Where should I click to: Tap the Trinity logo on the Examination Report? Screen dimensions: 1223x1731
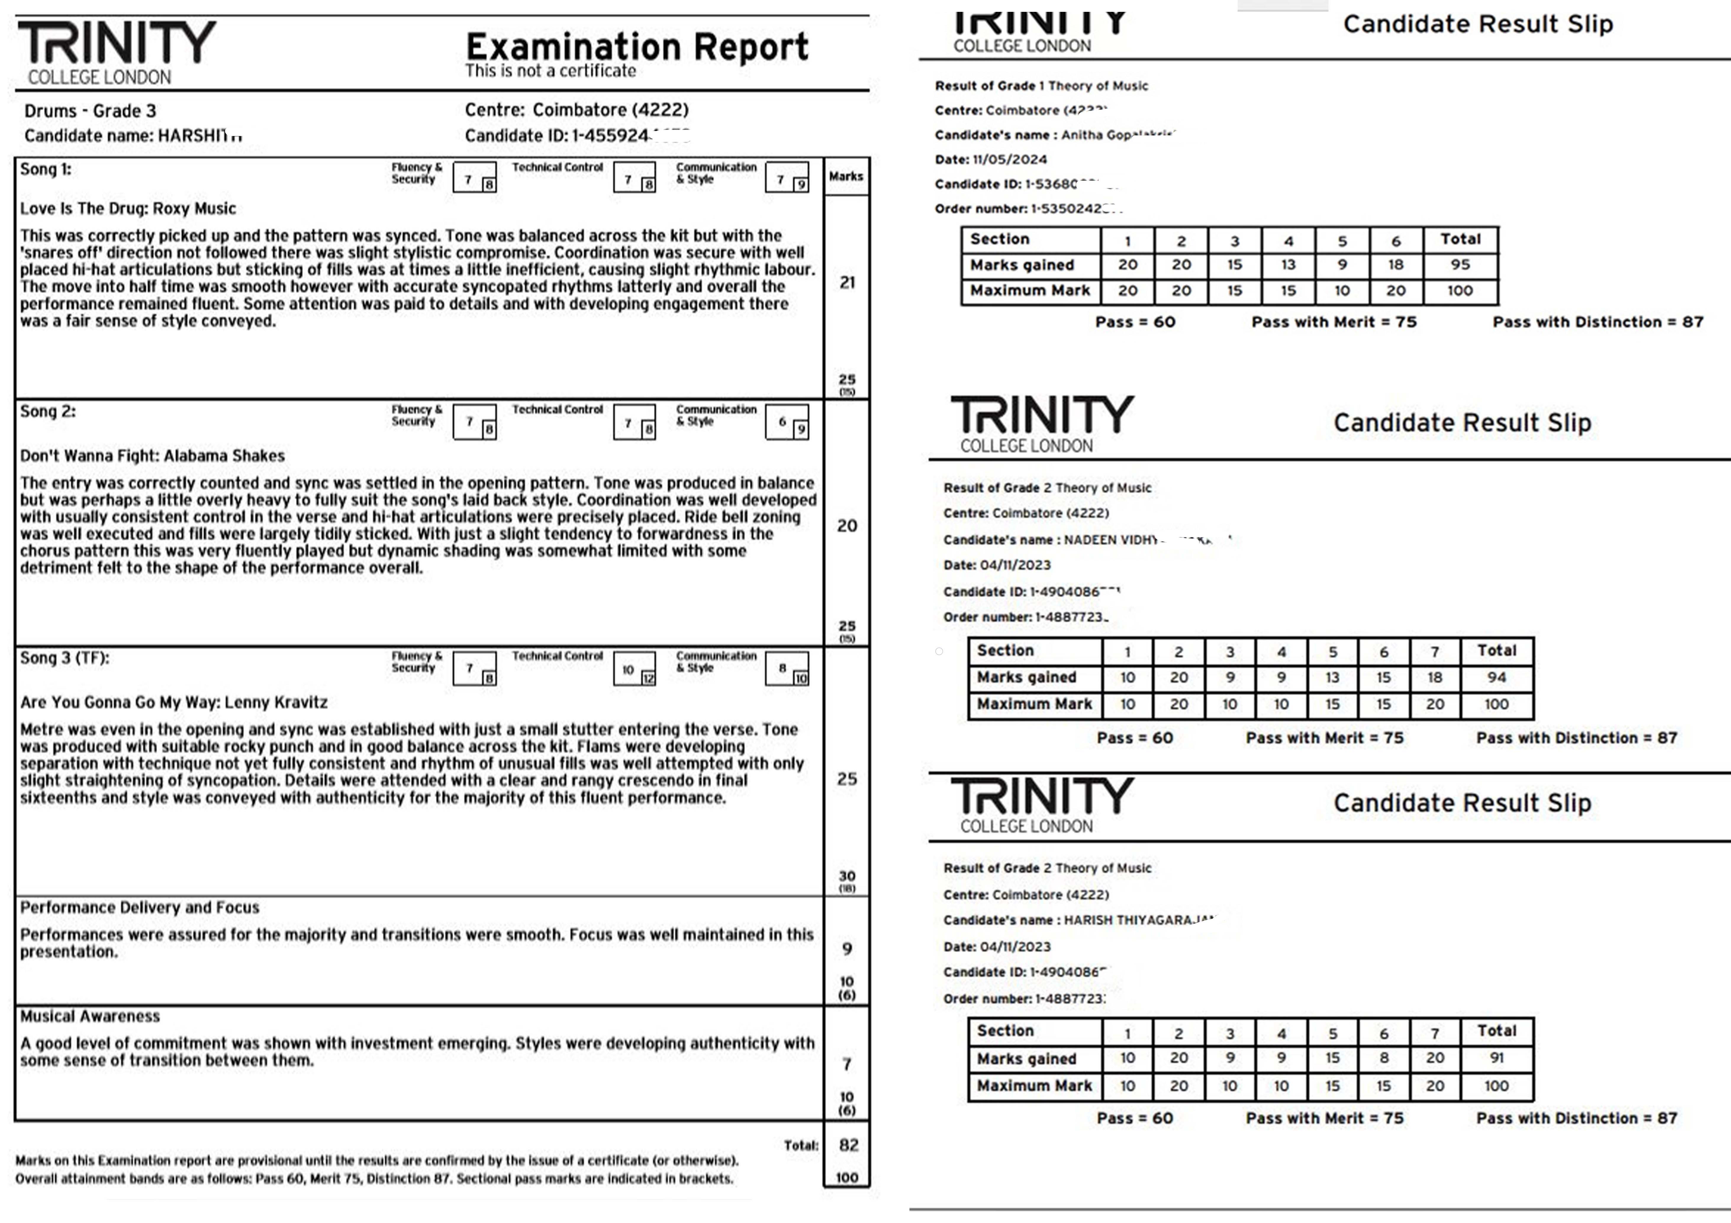tap(117, 51)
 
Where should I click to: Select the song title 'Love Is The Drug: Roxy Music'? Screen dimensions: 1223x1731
tap(128, 209)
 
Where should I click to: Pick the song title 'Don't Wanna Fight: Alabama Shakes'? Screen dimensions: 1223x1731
tap(152, 456)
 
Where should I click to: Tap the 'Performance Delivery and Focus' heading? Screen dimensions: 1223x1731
tap(139, 907)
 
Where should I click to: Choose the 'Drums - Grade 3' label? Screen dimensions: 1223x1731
tap(91, 111)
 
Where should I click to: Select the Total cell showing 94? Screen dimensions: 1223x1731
tap(1497, 677)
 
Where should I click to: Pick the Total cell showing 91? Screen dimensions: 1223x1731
tap(1497, 1058)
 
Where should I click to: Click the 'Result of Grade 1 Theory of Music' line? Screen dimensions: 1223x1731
tap(1041, 86)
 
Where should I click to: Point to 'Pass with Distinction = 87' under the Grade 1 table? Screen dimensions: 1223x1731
tap(1598, 322)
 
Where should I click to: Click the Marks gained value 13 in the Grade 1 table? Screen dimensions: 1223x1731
tap(1289, 264)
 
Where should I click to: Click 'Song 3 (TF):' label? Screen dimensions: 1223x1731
tap(65, 658)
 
